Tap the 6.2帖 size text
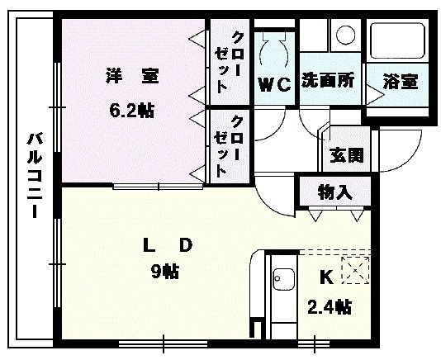point(131,110)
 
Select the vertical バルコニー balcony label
point(34,174)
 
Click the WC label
point(274,83)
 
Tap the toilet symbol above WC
point(274,50)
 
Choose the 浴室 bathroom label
point(400,82)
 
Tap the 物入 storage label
point(335,192)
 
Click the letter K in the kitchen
point(325,277)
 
